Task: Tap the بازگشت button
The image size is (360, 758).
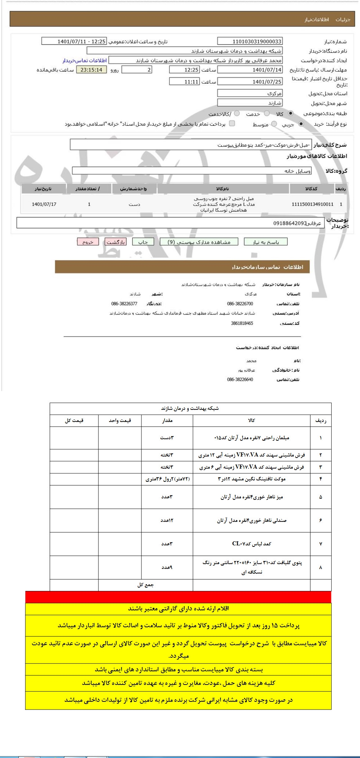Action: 116,242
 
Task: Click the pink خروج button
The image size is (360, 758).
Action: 88,242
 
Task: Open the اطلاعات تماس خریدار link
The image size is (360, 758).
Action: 84,60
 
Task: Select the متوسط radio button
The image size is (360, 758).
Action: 274,124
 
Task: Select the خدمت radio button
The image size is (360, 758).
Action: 267,113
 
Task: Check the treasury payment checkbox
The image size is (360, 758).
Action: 232,124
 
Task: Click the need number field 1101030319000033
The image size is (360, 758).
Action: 250,41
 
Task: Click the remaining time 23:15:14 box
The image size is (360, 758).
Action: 91,70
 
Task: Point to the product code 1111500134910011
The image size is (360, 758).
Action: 313,204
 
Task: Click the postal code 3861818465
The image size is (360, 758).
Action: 242,324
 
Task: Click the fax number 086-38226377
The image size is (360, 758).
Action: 124,304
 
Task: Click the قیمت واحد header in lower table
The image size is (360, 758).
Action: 120,420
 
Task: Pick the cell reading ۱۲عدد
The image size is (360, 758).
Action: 167,520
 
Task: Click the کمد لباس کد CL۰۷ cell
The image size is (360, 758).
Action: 252,544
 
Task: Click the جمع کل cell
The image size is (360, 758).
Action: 145,585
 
